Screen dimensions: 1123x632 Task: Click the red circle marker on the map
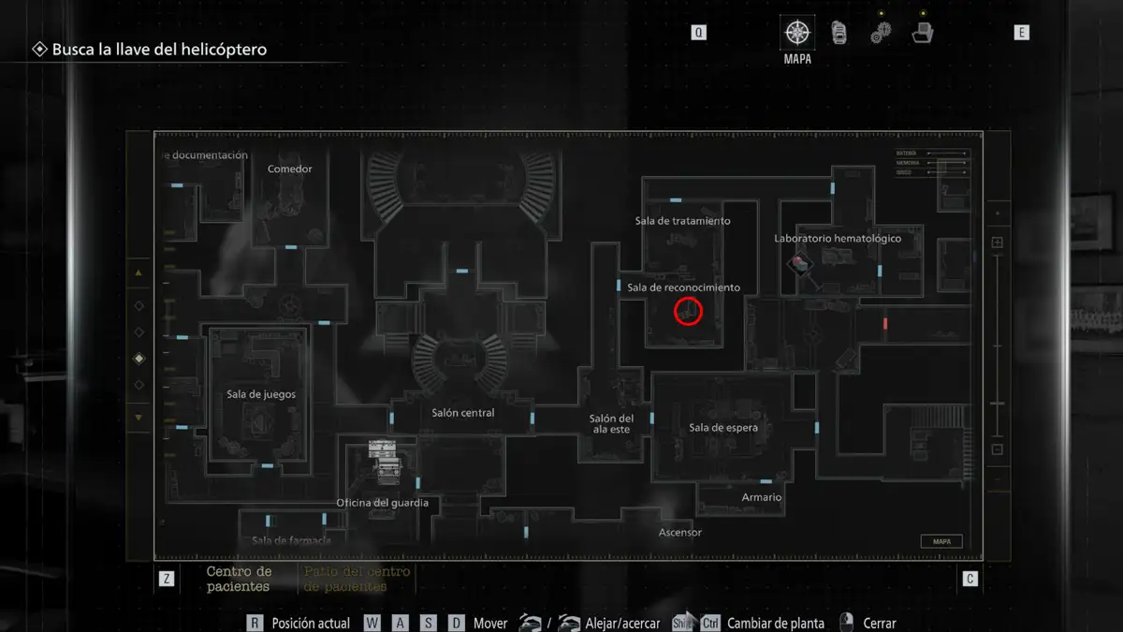688,311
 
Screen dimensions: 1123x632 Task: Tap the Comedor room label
290,169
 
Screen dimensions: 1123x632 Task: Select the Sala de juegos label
261,394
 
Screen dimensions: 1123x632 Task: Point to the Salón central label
463,413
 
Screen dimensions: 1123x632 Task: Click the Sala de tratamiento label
682,221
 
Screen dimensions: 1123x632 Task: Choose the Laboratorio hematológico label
838,239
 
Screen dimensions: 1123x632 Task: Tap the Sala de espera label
723,428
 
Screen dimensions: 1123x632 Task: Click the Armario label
762,497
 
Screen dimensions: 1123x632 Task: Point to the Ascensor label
680,533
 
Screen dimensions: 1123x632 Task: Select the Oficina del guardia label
383,503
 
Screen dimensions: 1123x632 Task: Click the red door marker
884,324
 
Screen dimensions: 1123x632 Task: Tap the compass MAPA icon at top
797,34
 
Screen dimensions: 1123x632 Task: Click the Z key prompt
167,579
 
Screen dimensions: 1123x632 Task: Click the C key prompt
970,579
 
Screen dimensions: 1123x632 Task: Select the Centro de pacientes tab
239,579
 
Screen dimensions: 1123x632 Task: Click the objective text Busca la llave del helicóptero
159,50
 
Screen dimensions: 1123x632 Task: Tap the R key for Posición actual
255,623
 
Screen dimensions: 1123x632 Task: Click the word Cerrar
880,623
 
